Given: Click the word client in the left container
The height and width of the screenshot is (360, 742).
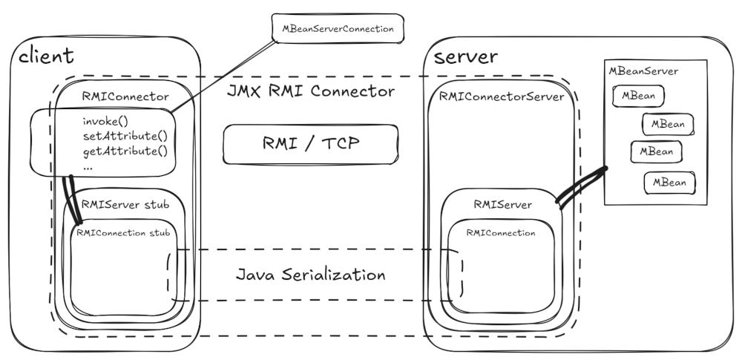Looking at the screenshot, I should pos(46,56).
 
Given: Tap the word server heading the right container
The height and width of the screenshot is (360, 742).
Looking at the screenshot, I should pos(465,57).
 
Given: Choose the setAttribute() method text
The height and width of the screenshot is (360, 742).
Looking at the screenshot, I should pos(123,136).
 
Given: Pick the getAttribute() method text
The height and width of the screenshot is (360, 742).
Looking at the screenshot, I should pos(123,151).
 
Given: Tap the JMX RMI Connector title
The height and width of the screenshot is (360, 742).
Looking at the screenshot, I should pos(310,92).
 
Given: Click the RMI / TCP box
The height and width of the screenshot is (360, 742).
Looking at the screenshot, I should pos(310,143).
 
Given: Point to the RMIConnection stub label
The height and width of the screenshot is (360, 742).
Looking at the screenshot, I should pos(122,232).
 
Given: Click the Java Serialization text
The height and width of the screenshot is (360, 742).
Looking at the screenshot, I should pos(310,275).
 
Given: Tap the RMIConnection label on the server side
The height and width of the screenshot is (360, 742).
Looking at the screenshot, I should pos(501,232).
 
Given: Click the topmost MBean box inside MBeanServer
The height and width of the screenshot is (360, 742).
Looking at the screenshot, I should pos(637,96).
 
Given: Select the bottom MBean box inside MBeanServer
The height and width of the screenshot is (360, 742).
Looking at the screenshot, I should pos(669,181).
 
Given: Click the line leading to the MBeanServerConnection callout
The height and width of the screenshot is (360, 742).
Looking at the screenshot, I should pos(223,75).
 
